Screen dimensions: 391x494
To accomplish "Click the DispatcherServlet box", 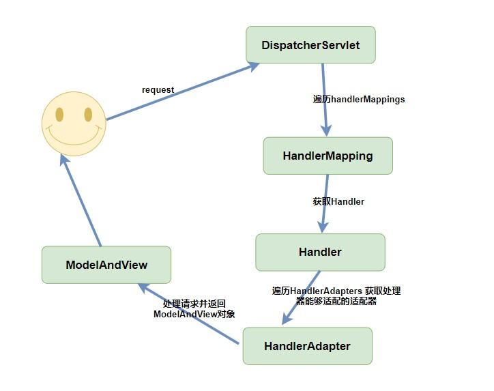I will [x=310, y=45].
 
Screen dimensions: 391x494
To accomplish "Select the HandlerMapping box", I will [x=328, y=156].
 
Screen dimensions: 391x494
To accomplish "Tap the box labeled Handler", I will [x=320, y=252].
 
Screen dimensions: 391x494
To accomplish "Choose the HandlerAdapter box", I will [x=307, y=346].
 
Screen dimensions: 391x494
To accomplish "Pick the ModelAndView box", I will [x=106, y=265].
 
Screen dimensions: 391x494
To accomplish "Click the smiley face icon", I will [x=74, y=124].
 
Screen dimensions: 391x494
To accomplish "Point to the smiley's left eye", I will [x=59, y=114].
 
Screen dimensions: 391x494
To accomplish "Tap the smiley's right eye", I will [x=87, y=113].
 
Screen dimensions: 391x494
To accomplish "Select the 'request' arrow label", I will [x=158, y=89].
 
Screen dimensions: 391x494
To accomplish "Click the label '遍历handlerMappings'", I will [x=359, y=99].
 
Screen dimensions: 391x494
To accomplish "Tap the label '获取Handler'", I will [x=338, y=201].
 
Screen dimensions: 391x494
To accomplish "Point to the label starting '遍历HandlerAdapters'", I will [x=336, y=295].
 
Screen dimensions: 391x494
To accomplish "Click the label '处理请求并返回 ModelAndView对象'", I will [x=194, y=309].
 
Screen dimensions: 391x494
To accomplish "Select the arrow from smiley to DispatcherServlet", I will [x=183, y=91].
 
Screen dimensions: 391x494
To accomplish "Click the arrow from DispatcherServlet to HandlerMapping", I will [x=325, y=99].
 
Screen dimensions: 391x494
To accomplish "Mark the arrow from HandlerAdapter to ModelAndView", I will [x=191, y=315].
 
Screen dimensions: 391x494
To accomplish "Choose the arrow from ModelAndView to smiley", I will [x=81, y=201].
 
